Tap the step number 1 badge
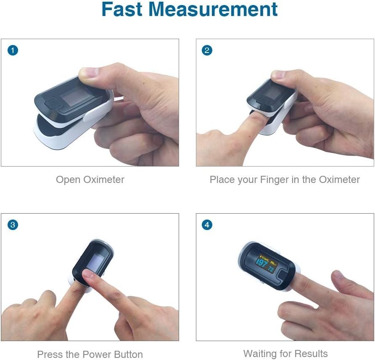click(x=13, y=50)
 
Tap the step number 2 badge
click(x=207, y=50)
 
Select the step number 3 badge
click(x=13, y=225)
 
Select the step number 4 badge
click(x=207, y=225)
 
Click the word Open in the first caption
click(x=68, y=180)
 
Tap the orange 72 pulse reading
click(x=272, y=267)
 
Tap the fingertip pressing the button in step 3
click(x=89, y=276)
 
